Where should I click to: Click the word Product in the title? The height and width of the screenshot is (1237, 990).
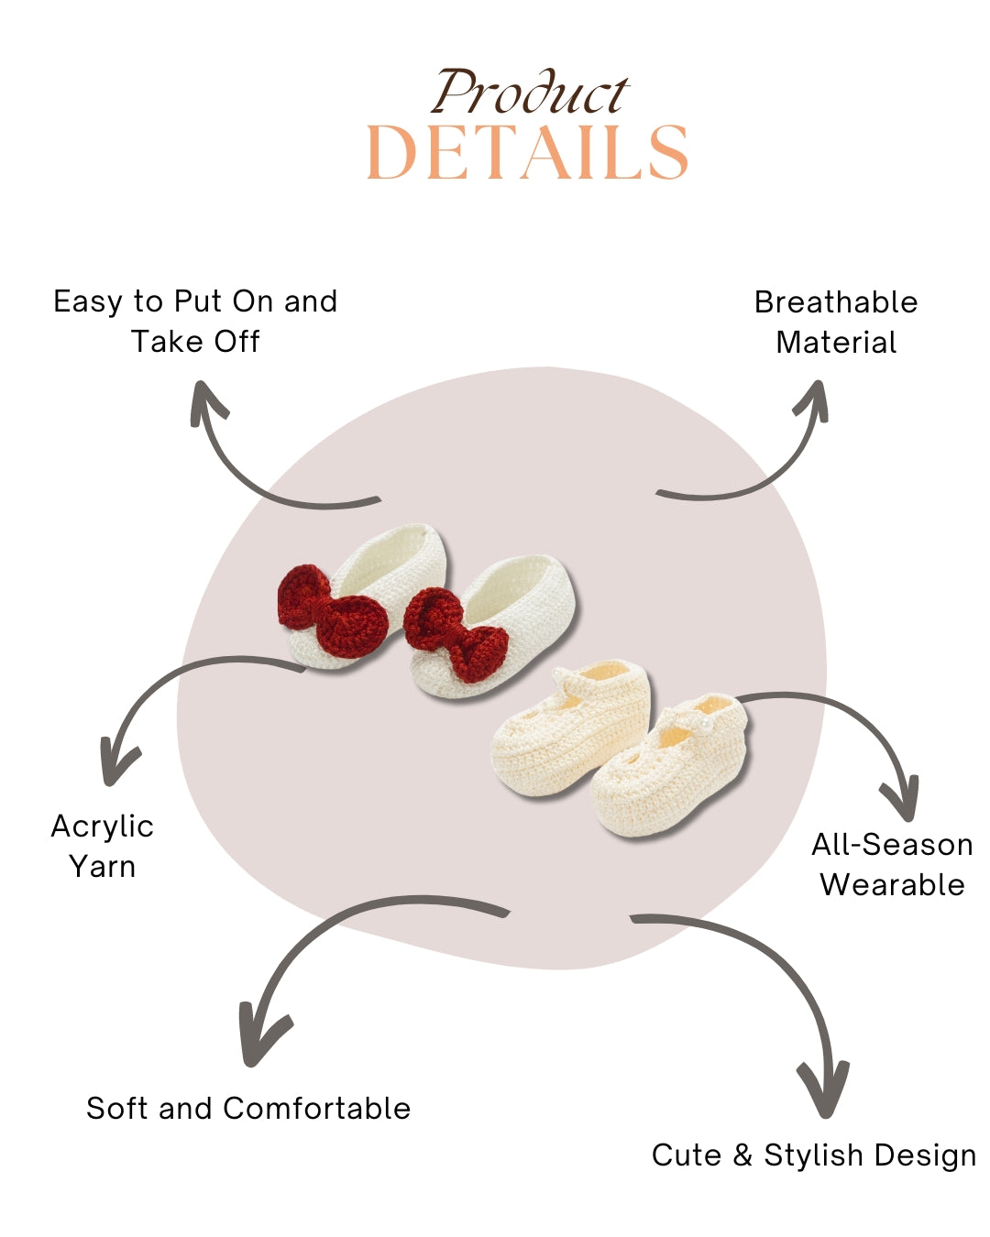coord(530,93)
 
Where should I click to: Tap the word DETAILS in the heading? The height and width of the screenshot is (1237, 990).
coord(527,153)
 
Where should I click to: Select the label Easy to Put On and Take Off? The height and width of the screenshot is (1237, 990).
coord(195,321)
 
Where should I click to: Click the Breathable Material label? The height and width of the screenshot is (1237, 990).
coord(836,322)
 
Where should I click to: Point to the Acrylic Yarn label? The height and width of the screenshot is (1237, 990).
coord(102,846)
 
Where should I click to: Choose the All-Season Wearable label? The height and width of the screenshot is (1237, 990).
coord(892,864)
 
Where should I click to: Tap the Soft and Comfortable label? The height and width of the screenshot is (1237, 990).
coord(248,1108)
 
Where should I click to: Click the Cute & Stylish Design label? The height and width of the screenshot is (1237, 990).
coord(813,1155)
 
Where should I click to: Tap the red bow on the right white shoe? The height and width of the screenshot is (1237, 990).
coord(456,634)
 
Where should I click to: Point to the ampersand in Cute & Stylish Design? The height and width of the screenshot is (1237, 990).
coord(742,1155)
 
